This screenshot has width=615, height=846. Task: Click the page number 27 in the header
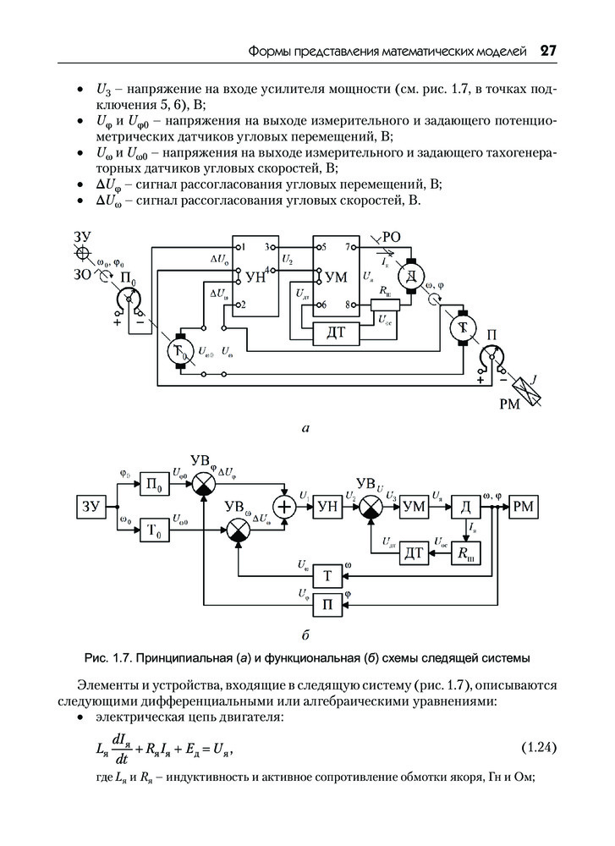[547, 52]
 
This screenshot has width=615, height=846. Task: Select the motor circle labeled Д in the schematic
[411, 276]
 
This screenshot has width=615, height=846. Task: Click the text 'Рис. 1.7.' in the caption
[108, 657]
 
